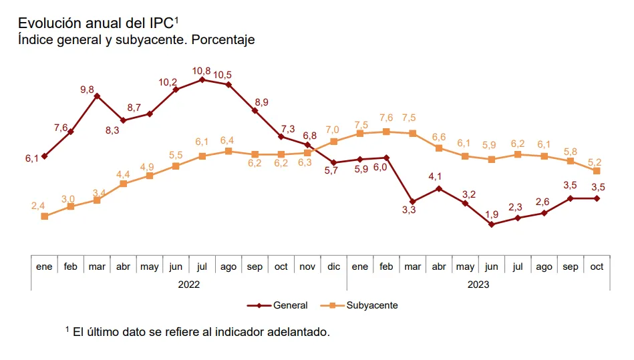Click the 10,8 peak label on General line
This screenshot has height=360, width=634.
coord(202,70)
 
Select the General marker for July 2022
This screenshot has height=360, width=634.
coord(202,80)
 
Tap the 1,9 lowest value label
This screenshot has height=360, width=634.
coord(492,214)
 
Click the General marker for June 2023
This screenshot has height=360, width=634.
coord(492,224)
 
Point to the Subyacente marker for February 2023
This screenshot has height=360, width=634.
coord(386,132)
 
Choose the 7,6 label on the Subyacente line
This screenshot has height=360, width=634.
coord(386,118)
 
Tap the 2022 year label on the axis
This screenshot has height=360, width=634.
coord(189,284)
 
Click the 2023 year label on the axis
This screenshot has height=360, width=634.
coord(478,284)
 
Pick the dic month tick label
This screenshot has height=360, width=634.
coord(333,266)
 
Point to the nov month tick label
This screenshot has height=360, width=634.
coord(307,266)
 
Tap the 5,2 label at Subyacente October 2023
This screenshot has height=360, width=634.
coord(594,162)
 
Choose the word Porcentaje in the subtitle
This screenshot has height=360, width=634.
coord(223,40)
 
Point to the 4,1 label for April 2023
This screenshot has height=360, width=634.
coord(435,177)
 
